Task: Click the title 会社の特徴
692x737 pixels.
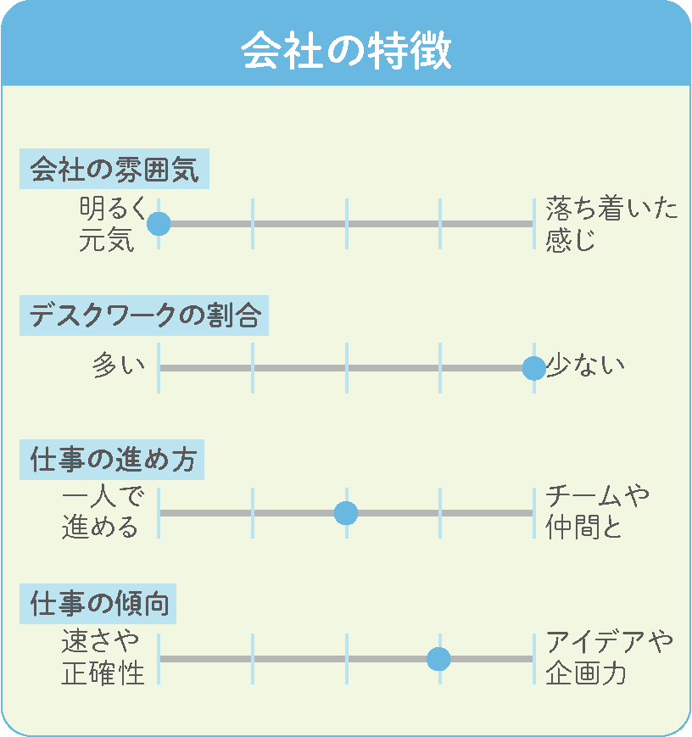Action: [x=347, y=51]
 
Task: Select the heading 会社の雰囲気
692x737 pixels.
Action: [x=114, y=170]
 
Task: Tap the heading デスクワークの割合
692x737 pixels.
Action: [x=144, y=315]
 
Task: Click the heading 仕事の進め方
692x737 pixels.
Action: [x=112, y=460]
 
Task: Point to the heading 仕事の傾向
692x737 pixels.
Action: [x=98, y=604]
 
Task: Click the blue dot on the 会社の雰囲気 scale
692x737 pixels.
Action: [x=159, y=224]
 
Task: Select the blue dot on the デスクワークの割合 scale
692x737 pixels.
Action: [x=534, y=368]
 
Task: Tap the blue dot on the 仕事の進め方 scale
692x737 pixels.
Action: [x=346, y=513]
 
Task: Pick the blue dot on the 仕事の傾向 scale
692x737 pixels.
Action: [x=439, y=658]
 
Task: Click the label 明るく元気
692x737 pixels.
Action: [x=113, y=224]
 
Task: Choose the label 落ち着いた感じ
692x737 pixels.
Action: [x=611, y=224]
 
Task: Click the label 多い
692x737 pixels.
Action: [x=119, y=366]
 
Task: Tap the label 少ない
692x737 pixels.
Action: [x=585, y=366]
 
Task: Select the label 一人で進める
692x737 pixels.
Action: [x=103, y=511]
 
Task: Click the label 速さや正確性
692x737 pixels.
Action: [x=103, y=657]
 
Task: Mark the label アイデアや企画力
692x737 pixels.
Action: [x=609, y=657]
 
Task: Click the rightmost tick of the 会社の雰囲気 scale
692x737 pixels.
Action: [x=534, y=224]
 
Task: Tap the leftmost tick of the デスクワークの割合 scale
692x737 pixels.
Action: [x=159, y=368]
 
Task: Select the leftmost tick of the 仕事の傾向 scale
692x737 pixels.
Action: [x=159, y=658]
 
